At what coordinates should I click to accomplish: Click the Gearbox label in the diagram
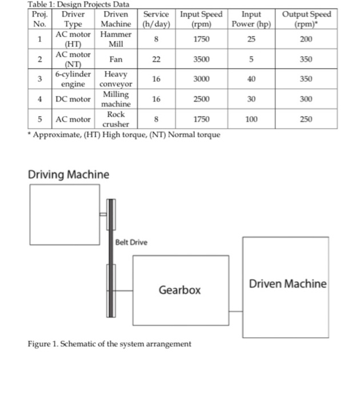click(x=179, y=290)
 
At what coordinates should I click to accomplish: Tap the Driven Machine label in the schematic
click(x=287, y=283)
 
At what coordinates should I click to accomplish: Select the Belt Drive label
click(x=131, y=242)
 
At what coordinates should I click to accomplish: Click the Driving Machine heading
click(x=69, y=174)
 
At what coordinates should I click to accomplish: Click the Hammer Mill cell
click(x=116, y=39)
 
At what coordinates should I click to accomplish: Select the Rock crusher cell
click(x=116, y=119)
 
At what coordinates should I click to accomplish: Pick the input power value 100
click(x=251, y=119)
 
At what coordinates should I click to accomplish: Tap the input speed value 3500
click(x=201, y=59)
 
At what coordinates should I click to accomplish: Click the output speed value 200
click(x=306, y=39)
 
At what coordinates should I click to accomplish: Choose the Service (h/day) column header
click(x=156, y=19)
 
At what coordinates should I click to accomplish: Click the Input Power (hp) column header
click(x=251, y=19)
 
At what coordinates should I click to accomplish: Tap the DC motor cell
click(x=73, y=99)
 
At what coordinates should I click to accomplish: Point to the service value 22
click(x=156, y=59)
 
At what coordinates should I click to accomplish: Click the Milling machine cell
click(x=116, y=99)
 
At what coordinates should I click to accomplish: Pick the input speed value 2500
click(x=201, y=99)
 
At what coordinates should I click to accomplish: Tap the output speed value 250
click(x=306, y=119)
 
